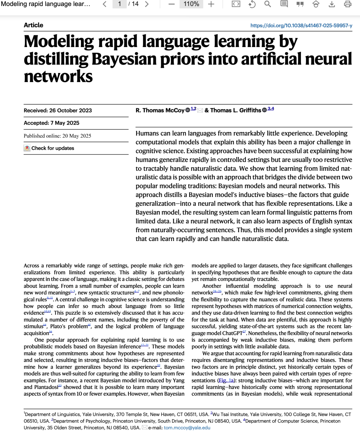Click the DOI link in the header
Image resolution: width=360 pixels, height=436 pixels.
[301, 25]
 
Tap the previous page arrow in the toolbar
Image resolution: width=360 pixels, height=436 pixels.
[105, 4]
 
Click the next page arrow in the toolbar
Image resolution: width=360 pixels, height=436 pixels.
[147, 4]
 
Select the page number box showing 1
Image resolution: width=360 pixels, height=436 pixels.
[119, 4]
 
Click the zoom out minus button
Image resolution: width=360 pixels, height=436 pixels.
[171, 4]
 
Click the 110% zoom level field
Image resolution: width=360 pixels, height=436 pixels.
[191, 4]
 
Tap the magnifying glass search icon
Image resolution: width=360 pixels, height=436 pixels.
[267, 4]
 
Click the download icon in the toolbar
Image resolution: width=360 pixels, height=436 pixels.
[332, 4]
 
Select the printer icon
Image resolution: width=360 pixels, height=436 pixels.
[348, 4]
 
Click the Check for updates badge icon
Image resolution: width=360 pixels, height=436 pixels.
[27, 148]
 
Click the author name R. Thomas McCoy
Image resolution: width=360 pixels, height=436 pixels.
[160, 110]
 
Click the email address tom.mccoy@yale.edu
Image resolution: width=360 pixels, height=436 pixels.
[187, 428]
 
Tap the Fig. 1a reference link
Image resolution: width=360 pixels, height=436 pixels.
[226, 380]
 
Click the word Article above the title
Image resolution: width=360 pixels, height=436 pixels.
[33, 25]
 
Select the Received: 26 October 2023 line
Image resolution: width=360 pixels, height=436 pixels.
[58, 110]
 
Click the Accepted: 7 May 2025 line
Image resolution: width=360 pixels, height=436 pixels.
[51, 123]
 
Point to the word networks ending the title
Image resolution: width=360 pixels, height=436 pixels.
[58, 76]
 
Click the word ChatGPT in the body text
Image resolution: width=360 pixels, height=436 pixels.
[232, 333]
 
